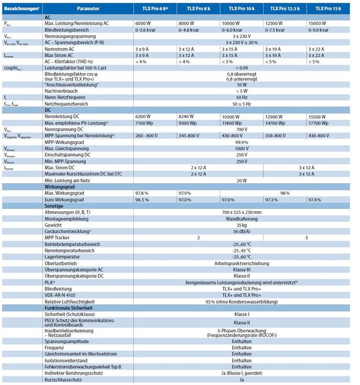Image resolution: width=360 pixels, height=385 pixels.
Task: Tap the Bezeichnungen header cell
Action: click(20, 9)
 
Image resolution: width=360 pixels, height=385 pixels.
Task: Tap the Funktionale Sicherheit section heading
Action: click(69, 308)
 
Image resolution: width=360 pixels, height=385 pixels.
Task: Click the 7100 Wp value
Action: click(144, 123)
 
